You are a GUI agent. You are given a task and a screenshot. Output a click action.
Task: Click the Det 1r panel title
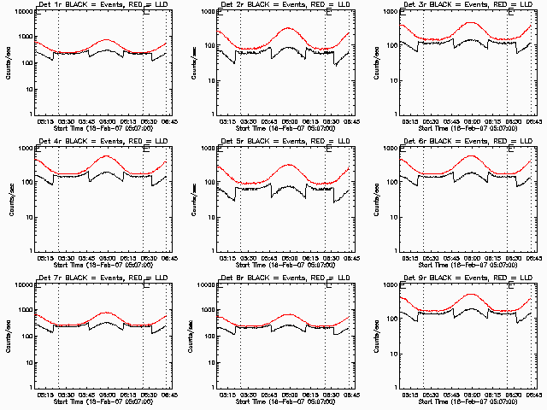[x=103, y=4]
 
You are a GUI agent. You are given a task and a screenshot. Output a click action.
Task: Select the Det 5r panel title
[x=285, y=141]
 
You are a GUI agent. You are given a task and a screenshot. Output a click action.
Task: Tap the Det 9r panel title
[x=468, y=278]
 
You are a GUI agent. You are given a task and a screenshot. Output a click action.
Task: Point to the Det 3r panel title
[x=468, y=4]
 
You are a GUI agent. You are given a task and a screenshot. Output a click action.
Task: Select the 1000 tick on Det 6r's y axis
[x=385, y=148]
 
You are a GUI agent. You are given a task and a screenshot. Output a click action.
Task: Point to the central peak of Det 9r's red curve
[x=470, y=294]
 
